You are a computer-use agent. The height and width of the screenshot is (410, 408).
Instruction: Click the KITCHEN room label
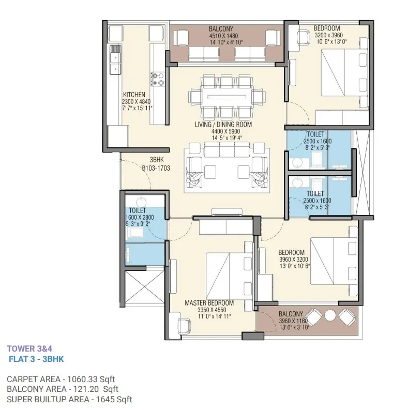[x=134, y=95]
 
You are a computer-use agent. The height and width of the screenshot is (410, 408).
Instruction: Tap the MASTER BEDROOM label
[x=209, y=303]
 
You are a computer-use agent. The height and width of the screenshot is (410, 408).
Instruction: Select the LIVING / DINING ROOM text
[x=223, y=124]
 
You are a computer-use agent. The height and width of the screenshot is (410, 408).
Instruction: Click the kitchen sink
[x=115, y=59]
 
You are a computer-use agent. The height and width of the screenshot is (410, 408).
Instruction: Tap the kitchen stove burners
[x=157, y=79]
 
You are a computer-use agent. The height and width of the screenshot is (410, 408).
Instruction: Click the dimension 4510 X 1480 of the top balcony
[x=223, y=36]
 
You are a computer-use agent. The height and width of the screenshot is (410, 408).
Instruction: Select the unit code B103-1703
[x=156, y=168]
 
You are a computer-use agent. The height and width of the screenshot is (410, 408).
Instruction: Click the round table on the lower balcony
[x=330, y=315]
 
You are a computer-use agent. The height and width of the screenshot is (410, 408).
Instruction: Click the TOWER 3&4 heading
[x=29, y=348]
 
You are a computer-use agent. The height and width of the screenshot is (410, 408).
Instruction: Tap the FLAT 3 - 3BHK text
[x=36, y=359]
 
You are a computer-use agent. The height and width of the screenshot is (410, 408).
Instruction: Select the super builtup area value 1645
[x=105, y=400]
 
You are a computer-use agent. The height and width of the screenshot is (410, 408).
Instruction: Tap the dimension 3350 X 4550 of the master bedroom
[x=212, y=310]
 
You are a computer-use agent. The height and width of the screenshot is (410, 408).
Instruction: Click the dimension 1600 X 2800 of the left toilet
[x=140, y=217]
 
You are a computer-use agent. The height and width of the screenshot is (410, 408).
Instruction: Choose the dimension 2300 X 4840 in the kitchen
[x=136, y=101]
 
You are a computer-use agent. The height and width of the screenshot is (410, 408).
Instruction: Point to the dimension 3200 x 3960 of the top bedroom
[x=328, y=35]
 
